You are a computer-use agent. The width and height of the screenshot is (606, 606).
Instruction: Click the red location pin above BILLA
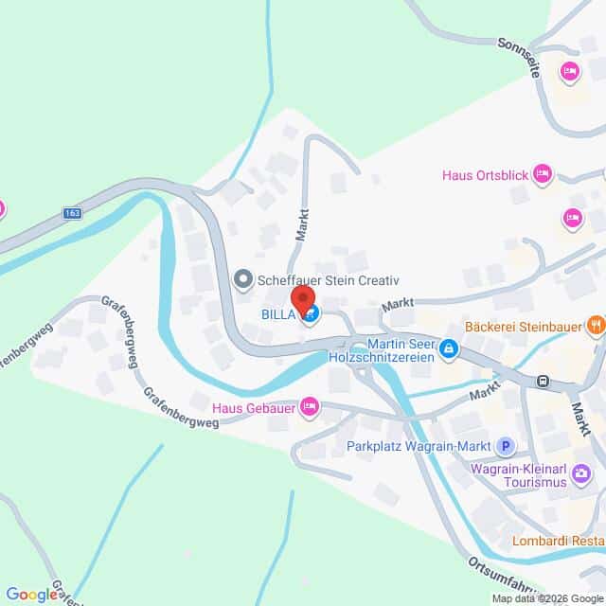point(304,298)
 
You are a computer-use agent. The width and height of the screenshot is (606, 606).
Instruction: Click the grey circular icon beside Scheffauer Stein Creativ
point(243,279)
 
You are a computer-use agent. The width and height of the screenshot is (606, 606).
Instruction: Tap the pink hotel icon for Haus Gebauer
point(308,407)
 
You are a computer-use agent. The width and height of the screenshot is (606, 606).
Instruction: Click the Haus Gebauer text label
point(253,408)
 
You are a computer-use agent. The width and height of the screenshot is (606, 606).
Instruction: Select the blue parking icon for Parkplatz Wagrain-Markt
point(506,445)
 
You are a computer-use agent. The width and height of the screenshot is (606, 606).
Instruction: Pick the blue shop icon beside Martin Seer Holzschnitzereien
point(449,349)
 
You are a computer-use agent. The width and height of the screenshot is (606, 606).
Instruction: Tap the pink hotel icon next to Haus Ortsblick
point(542,173)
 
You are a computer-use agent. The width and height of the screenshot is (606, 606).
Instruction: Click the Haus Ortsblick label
point(483,174)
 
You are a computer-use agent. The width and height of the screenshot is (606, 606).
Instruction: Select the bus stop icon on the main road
point(544,382)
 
